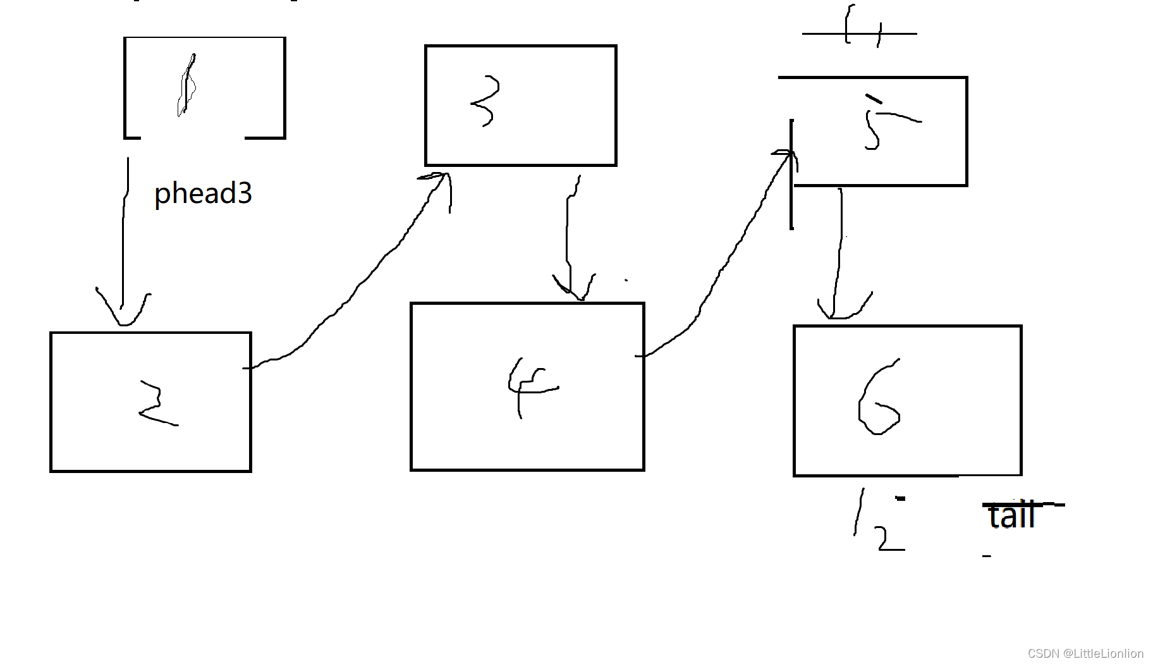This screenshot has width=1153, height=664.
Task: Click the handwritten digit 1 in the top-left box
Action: click(x=187, y=86)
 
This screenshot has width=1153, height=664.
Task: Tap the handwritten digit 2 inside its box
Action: click(x=156, y=404)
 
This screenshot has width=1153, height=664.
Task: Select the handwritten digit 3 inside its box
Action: click(x=486, y=101)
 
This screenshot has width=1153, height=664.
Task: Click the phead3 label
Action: click(x=203, y=193)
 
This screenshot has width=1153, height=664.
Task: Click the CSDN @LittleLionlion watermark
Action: click(x=1085, y=653)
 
